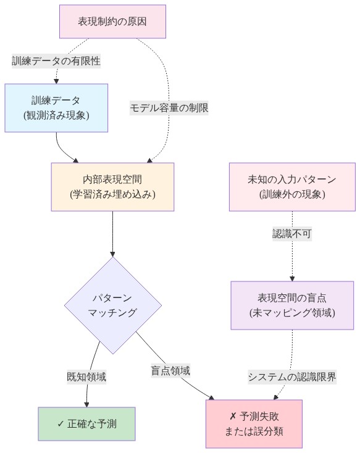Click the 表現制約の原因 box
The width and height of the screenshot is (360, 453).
coord(112,21)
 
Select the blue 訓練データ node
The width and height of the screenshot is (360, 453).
coord(56,107)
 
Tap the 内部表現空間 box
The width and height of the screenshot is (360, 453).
coord(112,186)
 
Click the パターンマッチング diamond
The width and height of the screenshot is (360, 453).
coord(112,305)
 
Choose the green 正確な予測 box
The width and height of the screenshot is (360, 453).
coord(86,423)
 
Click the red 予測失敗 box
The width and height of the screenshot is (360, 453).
coord(254,423)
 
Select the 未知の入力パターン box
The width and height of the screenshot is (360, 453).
coord(292,186)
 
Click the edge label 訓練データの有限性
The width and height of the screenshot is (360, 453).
coord(56,60)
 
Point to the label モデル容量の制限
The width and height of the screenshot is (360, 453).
coord(169,107)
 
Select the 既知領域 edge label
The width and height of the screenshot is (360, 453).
coord(86,376)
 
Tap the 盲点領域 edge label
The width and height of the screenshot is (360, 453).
coord(170,371)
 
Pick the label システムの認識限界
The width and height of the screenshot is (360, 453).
coord(292,376)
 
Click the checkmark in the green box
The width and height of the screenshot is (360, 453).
coord(61,424)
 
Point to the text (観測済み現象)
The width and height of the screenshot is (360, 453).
coord(56,115)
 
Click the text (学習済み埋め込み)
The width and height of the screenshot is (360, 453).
coord(112,194)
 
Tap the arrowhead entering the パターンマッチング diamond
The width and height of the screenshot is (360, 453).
coord(112,254)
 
